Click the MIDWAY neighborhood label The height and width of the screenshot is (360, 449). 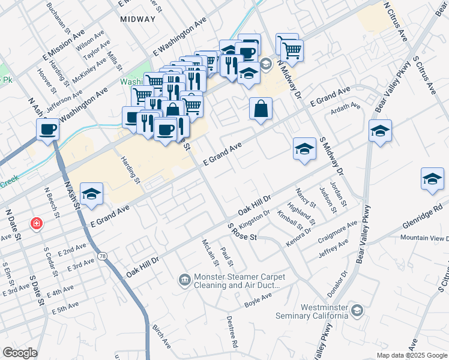click(x=137, y=19)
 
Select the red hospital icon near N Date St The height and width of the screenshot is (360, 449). click(x=37, y=223)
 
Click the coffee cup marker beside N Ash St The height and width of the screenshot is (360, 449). click(x=47, y=128)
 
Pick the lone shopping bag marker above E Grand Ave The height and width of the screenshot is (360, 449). click(x=261, y=109)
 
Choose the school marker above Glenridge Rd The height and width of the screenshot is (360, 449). click(x=432, y=179)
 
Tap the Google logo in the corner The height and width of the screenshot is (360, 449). click(x=20, y=353)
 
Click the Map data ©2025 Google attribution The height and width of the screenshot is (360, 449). click(x=412, y=355)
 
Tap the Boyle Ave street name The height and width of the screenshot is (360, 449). click(x=258, y=301)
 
